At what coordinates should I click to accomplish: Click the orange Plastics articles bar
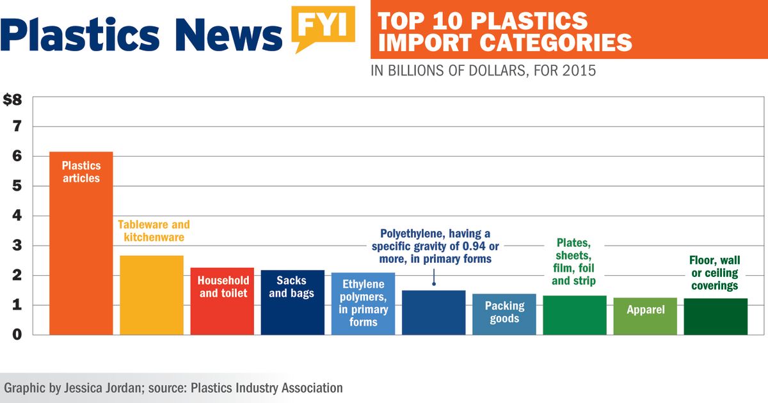pos(81,256)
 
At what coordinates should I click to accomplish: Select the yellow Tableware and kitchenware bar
pos(152,294)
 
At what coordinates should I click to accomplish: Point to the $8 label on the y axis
pos(13,100)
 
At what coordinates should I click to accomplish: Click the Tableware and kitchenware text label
pos(154,231)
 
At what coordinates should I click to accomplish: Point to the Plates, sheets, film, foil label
pos(573,262)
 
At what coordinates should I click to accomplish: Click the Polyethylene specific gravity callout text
pos(435,246)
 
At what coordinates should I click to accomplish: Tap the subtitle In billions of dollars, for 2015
pos(483,70)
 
